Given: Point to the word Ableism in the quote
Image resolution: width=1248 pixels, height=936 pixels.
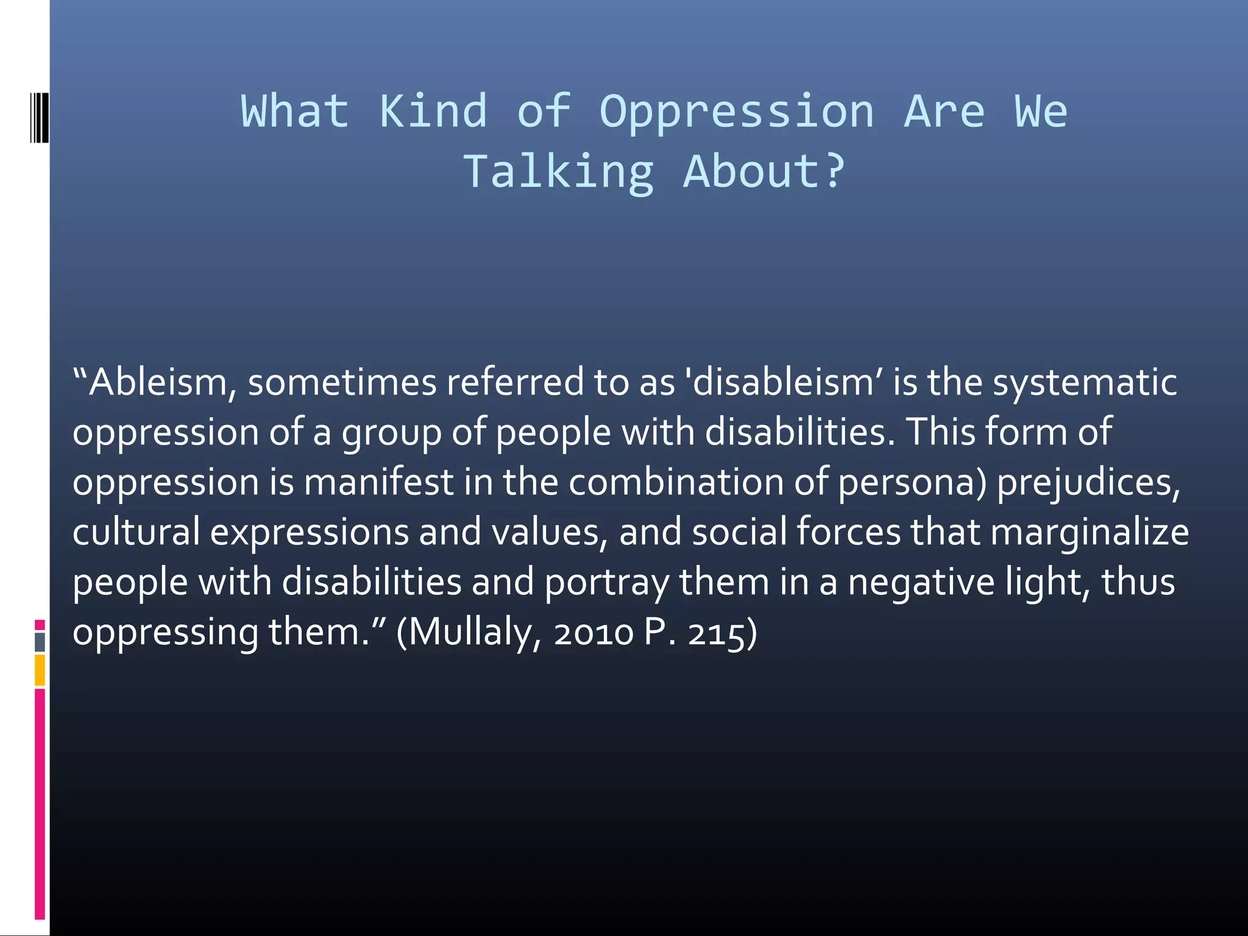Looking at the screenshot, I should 157,383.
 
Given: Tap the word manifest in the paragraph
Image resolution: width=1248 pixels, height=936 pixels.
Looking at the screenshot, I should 378,482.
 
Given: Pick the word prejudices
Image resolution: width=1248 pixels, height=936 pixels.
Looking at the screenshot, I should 1088,483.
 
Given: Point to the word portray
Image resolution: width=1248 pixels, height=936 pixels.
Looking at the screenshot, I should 606,583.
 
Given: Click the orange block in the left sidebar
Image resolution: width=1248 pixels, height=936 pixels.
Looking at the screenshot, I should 40,670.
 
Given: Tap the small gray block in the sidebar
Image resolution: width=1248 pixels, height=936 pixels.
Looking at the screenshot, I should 40,642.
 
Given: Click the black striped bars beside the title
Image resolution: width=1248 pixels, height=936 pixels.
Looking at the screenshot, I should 39,117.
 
